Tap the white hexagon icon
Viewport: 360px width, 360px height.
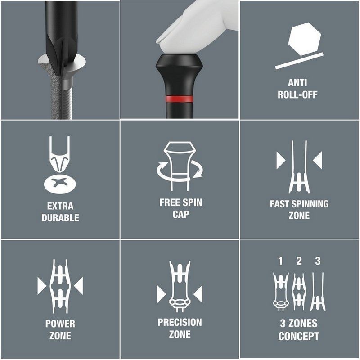click(x=305, y=39)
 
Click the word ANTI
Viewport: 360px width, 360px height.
click(x=297, y=83)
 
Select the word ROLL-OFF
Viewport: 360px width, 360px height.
click(x=297, y=94)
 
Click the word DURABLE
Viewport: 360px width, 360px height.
click(x=60, y=218)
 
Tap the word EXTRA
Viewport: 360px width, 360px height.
click(x=60, y=206)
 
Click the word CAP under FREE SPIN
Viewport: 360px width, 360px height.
click(x=181, y=214)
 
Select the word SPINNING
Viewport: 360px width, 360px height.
click(x=310, y=204)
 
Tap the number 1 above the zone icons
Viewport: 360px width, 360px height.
click(x=280, y=261)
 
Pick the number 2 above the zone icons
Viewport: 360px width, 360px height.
click(x=299, y=261)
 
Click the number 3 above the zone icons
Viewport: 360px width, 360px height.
click(x=318, y=261)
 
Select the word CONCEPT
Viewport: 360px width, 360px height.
click(x=299, y=336)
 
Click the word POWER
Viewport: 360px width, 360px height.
click(x=60, y=324)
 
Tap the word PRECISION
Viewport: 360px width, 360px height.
click(x=180, y=322)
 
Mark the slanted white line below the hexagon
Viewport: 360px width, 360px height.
click(x=299, y=61)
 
